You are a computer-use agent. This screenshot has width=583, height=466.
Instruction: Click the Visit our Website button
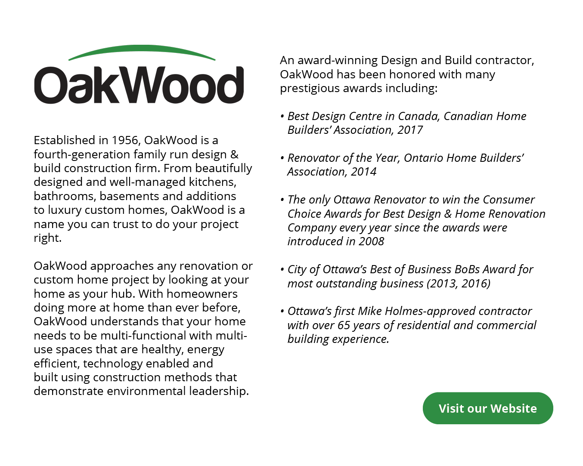[487, 408]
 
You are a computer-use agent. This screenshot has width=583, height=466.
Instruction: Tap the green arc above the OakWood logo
[142, 49]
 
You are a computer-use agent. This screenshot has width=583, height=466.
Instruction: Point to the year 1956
[125, 140]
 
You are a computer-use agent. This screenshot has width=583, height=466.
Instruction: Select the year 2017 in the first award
[410, 130]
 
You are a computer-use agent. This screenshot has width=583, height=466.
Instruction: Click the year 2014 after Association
[363, 172]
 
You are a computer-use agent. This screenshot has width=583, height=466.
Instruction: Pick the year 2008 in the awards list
[371, 241]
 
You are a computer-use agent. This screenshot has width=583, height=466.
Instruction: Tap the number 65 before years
[344, 325]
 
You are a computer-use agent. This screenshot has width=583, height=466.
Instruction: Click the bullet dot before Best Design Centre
[282, 117]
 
